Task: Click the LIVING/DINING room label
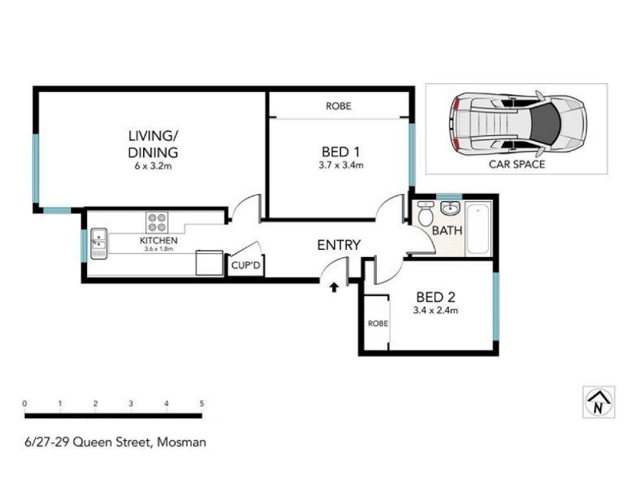tap(153, 144)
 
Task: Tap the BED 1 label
tap(341, 152)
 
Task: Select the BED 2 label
tap(435, 297)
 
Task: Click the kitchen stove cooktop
tap(157, 223)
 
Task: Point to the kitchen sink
tap(99, 243)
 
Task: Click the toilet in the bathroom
tap(426, 213)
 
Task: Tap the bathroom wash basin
tap(450, 208)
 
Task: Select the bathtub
tap(478, 229)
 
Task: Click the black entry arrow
tap(334, 287)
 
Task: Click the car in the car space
tap(518, 124)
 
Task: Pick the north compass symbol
tap(598, 402)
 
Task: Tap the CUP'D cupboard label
tap(246, 266)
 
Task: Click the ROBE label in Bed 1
tap(338, 106)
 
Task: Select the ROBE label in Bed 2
tap(378, 323)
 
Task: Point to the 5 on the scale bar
tap(202, 404)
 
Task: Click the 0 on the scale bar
tap(25, 404)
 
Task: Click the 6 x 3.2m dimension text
tap(153, 166)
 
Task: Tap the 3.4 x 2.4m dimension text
tap(435, 311)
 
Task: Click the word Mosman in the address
tap(182, 442)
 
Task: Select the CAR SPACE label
tap(517, 164)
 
